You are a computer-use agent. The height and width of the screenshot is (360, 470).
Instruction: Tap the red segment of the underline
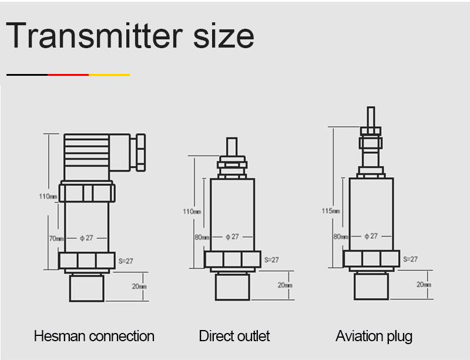pos(68,75)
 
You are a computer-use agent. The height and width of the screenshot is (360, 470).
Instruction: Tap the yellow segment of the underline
pos(109,75)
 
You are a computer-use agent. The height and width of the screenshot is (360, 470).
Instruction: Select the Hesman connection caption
pos(94,336)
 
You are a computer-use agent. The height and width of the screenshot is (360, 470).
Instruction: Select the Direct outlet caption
pos(234,336)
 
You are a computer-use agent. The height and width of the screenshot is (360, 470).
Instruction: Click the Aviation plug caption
pos(374,336)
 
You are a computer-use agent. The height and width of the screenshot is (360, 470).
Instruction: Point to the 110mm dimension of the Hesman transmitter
pos(48,196)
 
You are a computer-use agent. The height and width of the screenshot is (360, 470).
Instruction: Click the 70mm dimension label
pos(56,238)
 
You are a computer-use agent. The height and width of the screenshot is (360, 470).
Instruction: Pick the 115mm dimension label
pos(331,211)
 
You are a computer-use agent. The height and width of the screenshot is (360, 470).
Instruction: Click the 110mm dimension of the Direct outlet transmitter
pos(192,211)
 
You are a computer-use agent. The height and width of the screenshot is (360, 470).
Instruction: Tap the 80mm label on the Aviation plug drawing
pos(341,237)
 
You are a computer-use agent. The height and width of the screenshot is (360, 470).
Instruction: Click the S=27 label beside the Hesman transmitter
pos(127,260)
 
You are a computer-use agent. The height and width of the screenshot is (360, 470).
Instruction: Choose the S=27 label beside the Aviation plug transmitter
pos(410,259)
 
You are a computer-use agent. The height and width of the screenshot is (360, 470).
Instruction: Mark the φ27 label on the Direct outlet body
pos(233,237)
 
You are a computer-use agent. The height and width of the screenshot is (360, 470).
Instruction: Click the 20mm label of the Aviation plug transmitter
pos(424,284)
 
